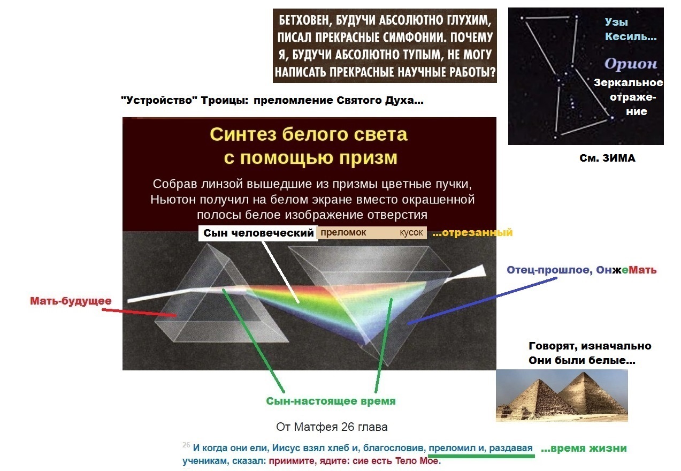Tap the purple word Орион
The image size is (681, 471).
(x=630, y=64)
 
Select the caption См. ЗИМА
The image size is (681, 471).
(x=607, y=158)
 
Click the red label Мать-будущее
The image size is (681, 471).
(x=71, y=301)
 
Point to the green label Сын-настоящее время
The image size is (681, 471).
(x=331, y=401)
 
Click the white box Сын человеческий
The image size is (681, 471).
(x=258, y=233)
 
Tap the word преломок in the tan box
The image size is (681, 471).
(x=343, y=233)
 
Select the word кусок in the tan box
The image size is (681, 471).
(x=411, y=233)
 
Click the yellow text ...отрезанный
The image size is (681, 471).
(x=472, y=233)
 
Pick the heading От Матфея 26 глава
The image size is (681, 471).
(x=332, y=427)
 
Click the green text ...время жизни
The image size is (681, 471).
(x=584, y=448)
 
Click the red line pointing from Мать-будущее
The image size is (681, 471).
(x=139, y=313)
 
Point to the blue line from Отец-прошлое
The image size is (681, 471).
(x=482, y=301)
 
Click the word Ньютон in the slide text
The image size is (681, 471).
(x=173, y=200)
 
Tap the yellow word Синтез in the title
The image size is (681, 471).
(x=243, y=134)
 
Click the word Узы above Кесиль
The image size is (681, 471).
(x=616, y=22)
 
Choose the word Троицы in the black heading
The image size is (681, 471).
(x=225, y=100)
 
